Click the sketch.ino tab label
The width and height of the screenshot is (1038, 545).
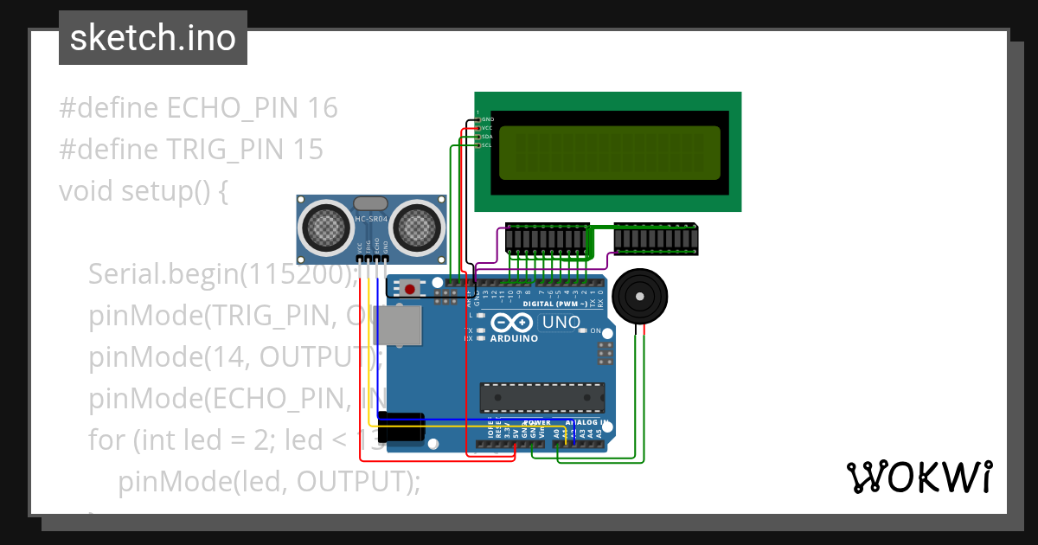(x=153, y=38)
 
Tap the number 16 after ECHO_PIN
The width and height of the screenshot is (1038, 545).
(x=322, y=108)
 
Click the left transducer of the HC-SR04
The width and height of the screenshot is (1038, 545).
(x=324, y=227)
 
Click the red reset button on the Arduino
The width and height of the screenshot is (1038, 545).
(x=408, y=286)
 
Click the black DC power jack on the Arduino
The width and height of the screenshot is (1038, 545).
(x=400, y=428)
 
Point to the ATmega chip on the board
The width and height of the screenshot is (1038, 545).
(x=542, y=396)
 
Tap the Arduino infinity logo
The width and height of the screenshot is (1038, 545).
(x=512, y=324)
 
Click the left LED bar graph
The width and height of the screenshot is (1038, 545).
(x=547, y=239)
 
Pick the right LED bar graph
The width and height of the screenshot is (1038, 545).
(x=656, y=239)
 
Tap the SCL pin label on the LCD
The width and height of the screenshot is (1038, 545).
(x=486, y=145)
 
